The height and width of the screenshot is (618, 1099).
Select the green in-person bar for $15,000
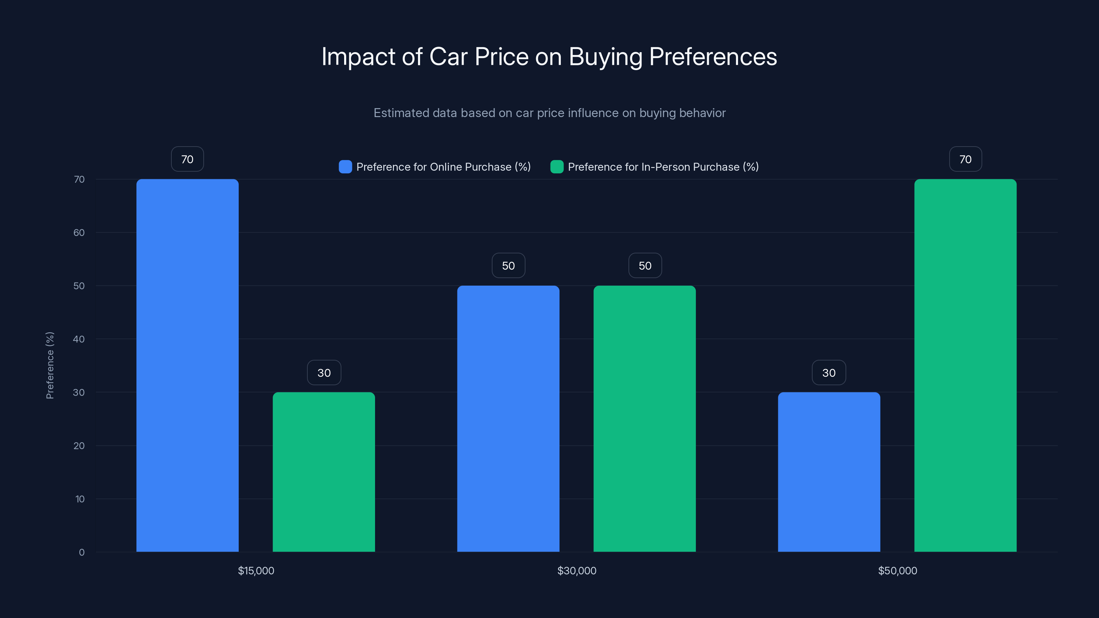click(x=324, y=472)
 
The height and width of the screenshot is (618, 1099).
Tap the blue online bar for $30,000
click(x=508, y=419)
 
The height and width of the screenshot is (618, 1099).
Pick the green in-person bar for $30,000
click(x=645, y=419)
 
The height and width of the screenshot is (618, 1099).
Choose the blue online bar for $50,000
click(x=829, y=472)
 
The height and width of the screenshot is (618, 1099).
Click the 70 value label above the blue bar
click(x=187, y=159)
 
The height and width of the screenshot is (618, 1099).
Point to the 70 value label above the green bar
click(x=965, y=159)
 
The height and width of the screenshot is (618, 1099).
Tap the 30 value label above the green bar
click(x=324, y=373)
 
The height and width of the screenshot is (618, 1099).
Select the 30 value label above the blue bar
click(x=829, y=373)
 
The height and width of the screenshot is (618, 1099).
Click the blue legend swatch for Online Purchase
click(x=345, y=167)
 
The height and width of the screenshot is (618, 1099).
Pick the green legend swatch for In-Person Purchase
click(x=557, y=167)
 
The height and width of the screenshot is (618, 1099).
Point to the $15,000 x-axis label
click(x=256, y=571)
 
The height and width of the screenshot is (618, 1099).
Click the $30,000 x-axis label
click(x=577, y=571)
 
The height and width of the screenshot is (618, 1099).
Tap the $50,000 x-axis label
click(x=898, y=571)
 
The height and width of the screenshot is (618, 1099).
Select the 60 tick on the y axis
click(x=79, y=232)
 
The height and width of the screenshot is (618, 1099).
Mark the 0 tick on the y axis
click(x=81, y=552)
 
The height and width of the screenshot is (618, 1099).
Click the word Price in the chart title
click(x=502, y=56)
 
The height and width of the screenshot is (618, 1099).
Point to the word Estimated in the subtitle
click(x=401, y=113)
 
